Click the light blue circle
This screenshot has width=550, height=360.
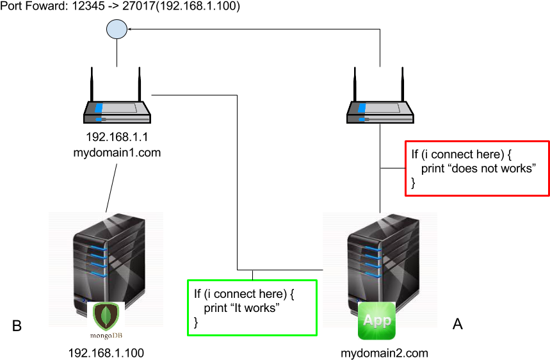coord(117,29)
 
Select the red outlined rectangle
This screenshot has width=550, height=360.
coord(477,168)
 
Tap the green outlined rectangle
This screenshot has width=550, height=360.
coord(252,307)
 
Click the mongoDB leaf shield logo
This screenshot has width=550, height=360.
coord(106,315)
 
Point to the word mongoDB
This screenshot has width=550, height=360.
coord(106,334)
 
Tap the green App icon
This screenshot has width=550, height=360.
coord(376,320)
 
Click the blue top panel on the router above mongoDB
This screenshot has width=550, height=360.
coord(99,108)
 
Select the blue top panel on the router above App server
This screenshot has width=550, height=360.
coord(362,108)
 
